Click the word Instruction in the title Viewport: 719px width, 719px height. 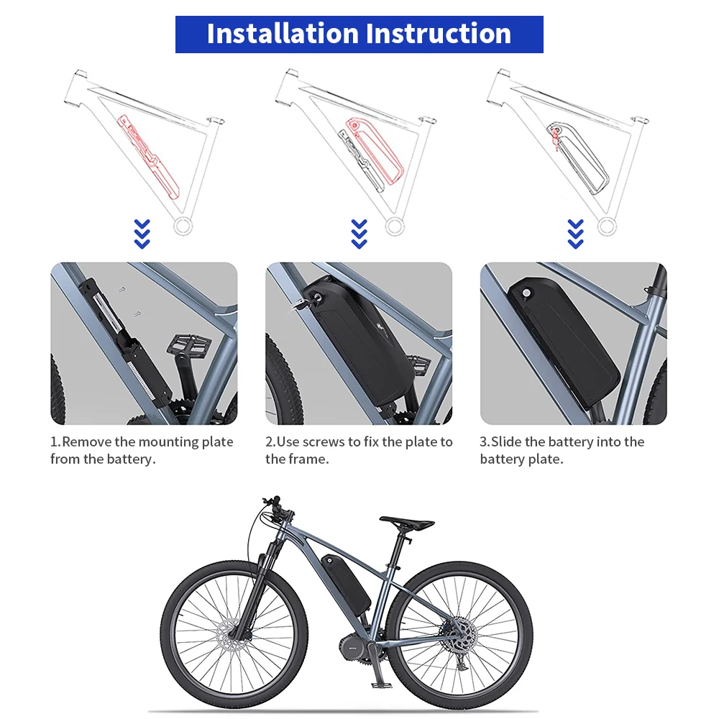[x=439, y=34]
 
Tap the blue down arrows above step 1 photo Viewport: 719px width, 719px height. [x=142, y=234]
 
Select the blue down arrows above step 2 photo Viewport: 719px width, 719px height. [x=359, y=234]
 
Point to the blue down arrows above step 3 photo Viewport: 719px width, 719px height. [x=575, y=234]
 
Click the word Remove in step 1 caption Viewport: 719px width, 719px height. [x=88, y=441]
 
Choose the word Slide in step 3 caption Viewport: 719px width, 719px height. [x=507, y=441]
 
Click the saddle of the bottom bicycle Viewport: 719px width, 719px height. [x=407, y=522]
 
